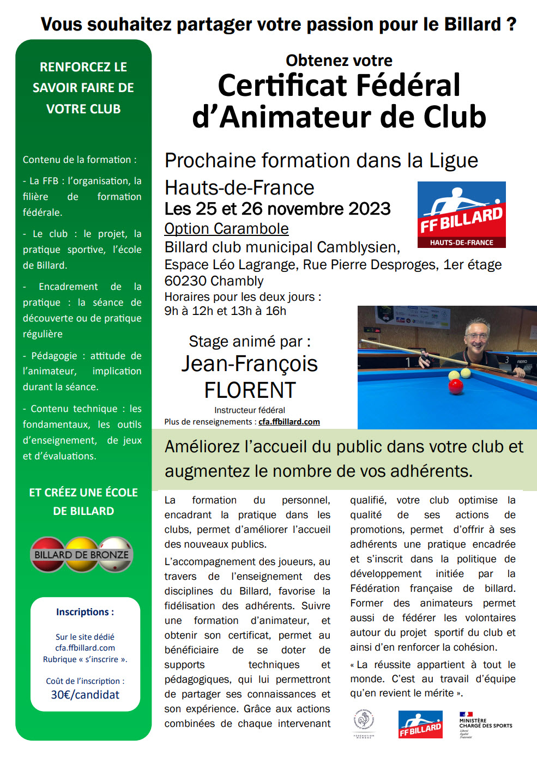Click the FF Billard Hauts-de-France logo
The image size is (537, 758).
pos(461,215)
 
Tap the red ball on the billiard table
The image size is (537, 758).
pos(455,386)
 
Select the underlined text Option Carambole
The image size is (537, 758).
pos(226,229)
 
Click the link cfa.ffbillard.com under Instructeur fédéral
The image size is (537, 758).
pos(289,422)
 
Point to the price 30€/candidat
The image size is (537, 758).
pos(85,695)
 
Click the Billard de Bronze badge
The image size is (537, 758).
pos(82,555)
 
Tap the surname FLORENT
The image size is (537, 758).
pos(250,390)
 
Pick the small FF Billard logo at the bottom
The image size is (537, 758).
pos(420,725)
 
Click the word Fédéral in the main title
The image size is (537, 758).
pos(401,86)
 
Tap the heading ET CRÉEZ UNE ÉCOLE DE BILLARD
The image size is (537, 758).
pos(83,501)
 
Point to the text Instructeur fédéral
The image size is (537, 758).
pos(249,410)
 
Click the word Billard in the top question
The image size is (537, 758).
pos(473,25)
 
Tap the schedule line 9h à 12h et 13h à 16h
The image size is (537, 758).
pos(225,311)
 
